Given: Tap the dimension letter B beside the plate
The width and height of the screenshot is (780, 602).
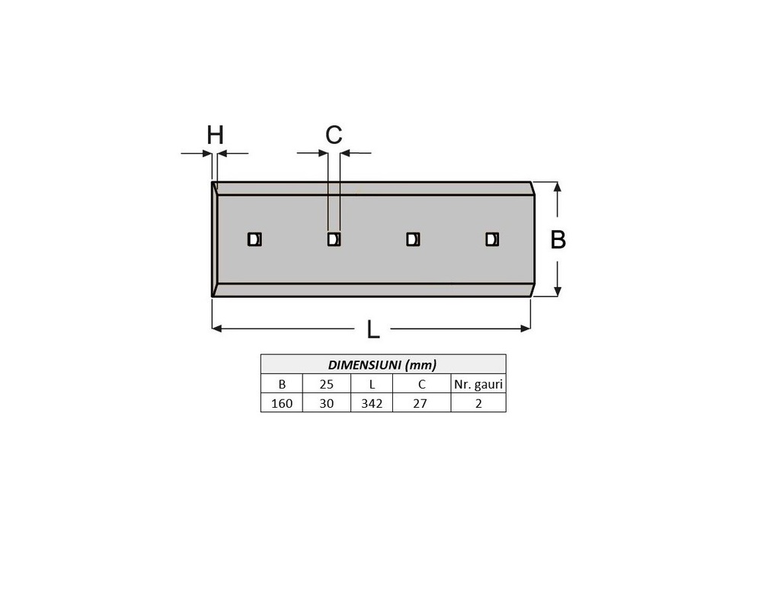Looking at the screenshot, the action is pos(558,239).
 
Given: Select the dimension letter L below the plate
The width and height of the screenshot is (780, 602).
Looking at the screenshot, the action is pos(373,329).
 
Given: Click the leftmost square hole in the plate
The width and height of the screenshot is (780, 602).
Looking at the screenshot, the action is pos(254,239).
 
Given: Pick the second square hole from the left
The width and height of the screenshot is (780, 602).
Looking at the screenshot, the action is pos(334,239).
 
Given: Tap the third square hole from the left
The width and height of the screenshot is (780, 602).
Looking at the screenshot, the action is pos(413,239).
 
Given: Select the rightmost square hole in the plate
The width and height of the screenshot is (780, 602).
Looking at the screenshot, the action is pos(492,239).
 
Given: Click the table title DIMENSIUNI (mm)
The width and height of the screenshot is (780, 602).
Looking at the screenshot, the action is pos(382,365).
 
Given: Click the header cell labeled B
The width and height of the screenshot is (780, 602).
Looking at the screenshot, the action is pos(282,384).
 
